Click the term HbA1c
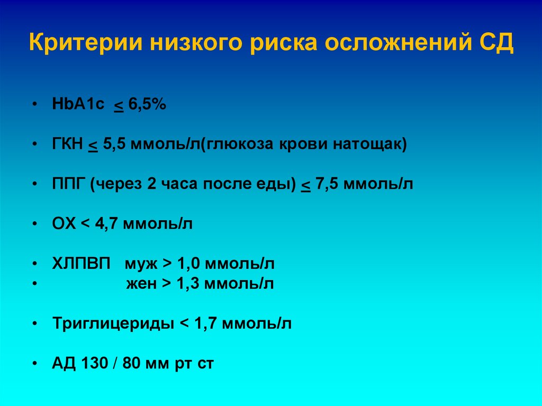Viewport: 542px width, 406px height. tap(79, 105)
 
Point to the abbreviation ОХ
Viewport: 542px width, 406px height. tap(64, 223)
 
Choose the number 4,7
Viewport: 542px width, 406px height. tap(106, 223)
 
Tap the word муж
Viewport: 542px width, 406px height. tap(141, 264)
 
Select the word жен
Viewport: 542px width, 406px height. tap(141, 284)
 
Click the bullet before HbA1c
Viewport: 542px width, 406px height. tap(34, 105)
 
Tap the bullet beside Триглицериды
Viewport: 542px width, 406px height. tap(34, 323)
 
